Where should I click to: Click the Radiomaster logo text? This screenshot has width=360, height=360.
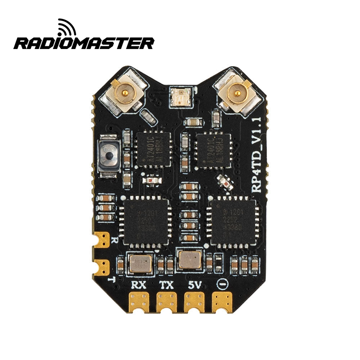[84, 43]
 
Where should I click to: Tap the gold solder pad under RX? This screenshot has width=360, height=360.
[139, 301]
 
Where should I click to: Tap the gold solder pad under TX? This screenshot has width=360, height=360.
[167, 301]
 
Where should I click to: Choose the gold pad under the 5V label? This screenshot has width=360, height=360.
[195, 301]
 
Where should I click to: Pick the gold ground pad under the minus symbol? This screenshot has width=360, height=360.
[223, 301]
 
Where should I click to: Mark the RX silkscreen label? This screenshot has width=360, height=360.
[139, 284]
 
